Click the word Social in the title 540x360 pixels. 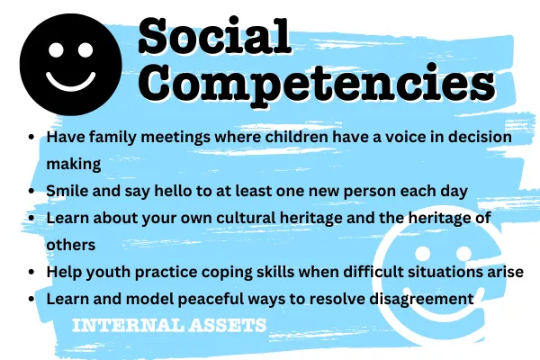point(215,36)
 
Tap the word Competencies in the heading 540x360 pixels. point(317,84)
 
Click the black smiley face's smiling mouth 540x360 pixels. point(71,82)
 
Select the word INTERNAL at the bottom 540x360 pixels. point(128,325)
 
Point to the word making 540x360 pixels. point(74,164)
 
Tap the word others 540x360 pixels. point(71,245)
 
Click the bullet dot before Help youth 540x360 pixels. point(31,272)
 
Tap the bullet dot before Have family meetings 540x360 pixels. point(31,137)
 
